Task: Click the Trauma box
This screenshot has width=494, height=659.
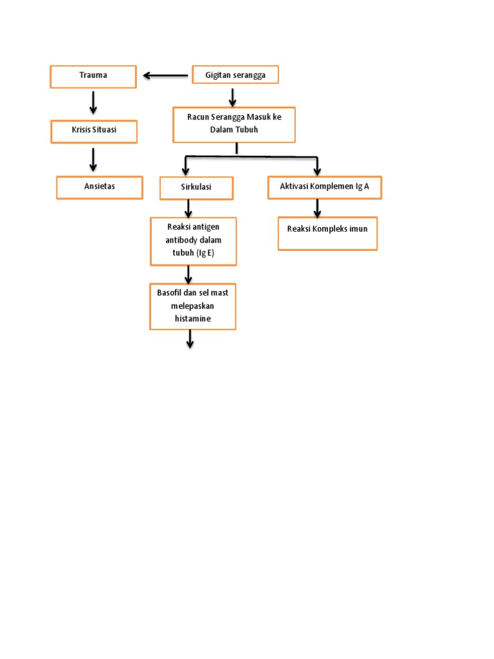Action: coord(93,76)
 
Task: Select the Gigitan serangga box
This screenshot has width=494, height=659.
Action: coord(235,75)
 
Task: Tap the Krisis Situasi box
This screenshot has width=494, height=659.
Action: coord(94,131)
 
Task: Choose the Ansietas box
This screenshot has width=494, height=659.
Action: coord(100,187)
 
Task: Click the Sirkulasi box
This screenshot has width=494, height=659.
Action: coord(196,188)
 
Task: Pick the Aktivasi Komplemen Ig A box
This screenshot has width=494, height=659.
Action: coord(325,187)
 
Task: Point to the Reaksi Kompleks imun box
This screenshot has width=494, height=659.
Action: coord(327,233)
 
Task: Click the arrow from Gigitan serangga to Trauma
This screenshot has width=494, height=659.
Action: coord(165,76)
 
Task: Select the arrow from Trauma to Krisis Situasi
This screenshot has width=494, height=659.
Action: coord(93,103)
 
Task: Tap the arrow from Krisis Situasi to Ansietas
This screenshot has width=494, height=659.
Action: coord(93,159)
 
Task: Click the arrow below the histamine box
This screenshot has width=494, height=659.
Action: coord(190,339)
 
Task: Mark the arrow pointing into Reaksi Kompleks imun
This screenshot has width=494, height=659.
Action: coord(317,209)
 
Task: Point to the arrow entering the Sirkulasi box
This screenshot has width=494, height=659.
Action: coord(186,166)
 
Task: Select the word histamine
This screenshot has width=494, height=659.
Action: coord(193,319)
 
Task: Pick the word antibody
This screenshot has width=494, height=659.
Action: coord(181,239)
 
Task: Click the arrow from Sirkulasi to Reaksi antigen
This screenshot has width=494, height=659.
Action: coord(188,209)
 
